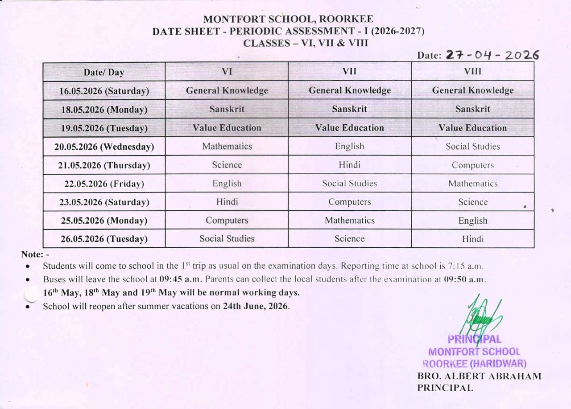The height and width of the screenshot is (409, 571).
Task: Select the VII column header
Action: tap(349, 71)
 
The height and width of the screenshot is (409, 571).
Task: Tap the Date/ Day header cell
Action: tap(104, 72)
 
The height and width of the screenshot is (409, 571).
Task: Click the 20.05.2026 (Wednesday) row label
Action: tap(104, 147)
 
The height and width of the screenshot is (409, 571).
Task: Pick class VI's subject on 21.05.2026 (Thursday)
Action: tap(227, 165)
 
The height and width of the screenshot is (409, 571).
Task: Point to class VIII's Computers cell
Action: tap(473, 165)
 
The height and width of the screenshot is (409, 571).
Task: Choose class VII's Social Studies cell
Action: tap(350, 183)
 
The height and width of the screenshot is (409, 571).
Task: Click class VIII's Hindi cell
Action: tap(473, 239)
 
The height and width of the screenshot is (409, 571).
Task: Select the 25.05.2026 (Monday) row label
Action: tap(104, 221)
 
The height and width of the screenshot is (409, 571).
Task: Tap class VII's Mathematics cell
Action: tap(350, 220)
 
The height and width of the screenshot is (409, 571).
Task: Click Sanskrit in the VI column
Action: tap(227, 109)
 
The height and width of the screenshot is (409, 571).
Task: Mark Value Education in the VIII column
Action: tap(473, 128)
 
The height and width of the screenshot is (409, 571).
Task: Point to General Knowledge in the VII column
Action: tap(350, 90)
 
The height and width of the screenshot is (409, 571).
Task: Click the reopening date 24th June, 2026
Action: tap(256, 307)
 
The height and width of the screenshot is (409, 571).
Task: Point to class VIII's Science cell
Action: tap(473, 202)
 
